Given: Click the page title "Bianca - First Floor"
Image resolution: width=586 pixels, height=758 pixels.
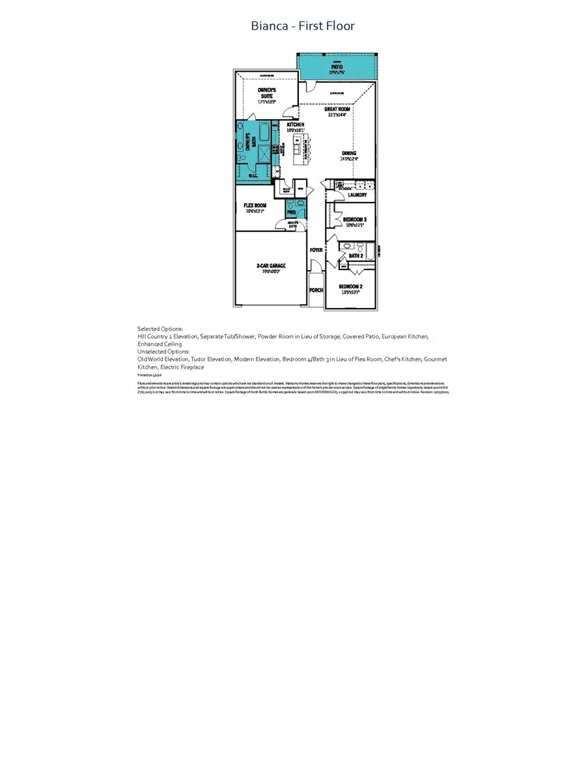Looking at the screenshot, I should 303,26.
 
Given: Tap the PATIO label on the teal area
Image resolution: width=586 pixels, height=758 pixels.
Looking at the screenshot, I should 337,67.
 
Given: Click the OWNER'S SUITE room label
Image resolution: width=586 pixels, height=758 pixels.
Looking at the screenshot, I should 267,92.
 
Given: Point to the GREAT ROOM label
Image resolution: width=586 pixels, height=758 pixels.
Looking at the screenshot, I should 337,109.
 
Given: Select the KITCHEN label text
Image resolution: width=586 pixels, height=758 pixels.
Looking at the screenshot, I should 296,124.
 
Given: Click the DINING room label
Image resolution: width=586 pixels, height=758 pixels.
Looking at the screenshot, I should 349,154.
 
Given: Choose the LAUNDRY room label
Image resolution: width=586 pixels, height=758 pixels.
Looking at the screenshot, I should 357,195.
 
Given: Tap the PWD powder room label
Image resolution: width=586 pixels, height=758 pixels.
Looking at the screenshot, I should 291,212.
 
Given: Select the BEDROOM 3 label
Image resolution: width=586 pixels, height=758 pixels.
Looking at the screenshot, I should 355,220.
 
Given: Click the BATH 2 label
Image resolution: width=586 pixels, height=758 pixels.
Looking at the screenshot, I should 356,256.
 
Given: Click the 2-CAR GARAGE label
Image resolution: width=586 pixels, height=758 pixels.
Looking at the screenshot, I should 270,266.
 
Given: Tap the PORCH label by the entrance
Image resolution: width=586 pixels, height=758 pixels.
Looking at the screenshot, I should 316,290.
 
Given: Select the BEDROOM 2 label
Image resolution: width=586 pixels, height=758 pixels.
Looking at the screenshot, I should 351,287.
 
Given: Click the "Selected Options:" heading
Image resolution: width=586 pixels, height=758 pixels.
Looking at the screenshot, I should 160,329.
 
